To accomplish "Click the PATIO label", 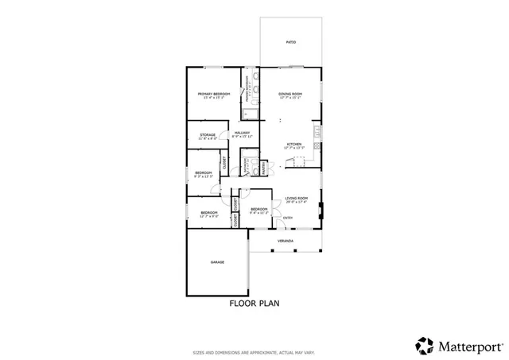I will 291,41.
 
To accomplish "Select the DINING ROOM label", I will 290,94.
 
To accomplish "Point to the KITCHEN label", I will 294,144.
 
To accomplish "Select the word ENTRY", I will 287,218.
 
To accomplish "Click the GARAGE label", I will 217,261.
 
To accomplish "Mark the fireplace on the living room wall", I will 321,211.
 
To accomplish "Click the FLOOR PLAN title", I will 254,303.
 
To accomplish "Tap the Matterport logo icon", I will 425,345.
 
